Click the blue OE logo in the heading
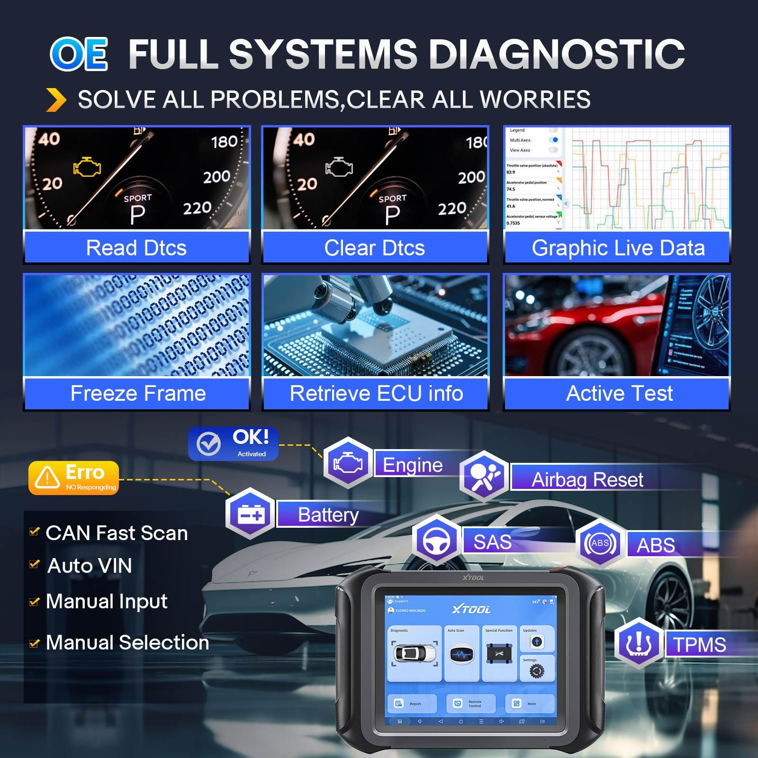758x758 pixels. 79,54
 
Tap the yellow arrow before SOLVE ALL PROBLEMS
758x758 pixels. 56,99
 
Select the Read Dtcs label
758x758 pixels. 136,248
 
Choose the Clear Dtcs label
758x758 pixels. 374,248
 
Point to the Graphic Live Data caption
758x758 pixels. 618,248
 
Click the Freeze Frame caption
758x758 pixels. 138,393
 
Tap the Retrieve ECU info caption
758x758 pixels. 376,393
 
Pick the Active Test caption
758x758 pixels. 619,393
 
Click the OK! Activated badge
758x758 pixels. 233,444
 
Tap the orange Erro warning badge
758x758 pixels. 73,478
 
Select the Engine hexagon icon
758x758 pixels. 348,463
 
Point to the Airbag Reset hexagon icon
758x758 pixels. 484,476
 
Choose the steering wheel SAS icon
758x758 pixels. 436,541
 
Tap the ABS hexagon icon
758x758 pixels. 600,543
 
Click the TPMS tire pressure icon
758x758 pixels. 639,643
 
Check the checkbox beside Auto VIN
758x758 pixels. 34,564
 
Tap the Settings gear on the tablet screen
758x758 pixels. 537,671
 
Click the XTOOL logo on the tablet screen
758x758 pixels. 471,609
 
